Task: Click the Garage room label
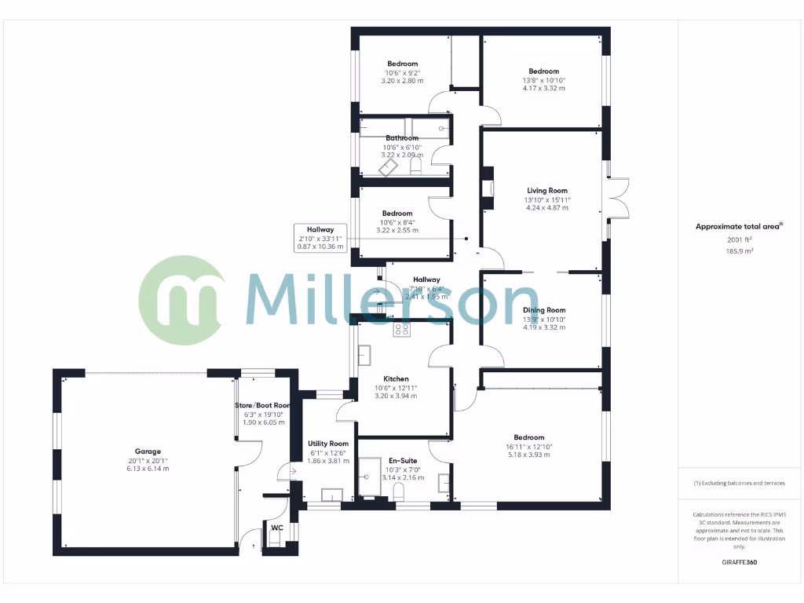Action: click(x=148, y=451)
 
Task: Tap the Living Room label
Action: click(x=546, y=191)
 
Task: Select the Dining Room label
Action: click(x=544, y=310)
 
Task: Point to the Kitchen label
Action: click(x=397, y=378)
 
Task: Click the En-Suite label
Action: click(x=403, y=460)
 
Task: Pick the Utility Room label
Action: click(x=328, y=444)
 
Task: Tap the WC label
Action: click(x=276, y=528)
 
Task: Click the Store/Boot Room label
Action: click(x=263, y=405)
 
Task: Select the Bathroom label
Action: click(x=402, y=138)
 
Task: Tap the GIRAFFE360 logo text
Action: click(x=739, y=562)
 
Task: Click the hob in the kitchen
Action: click(x=402, y=329)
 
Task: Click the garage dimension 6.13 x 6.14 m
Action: click(x=148, y=469)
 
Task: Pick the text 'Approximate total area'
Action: click(x=738, y=227)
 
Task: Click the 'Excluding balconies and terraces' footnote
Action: click(x=739, y=483)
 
